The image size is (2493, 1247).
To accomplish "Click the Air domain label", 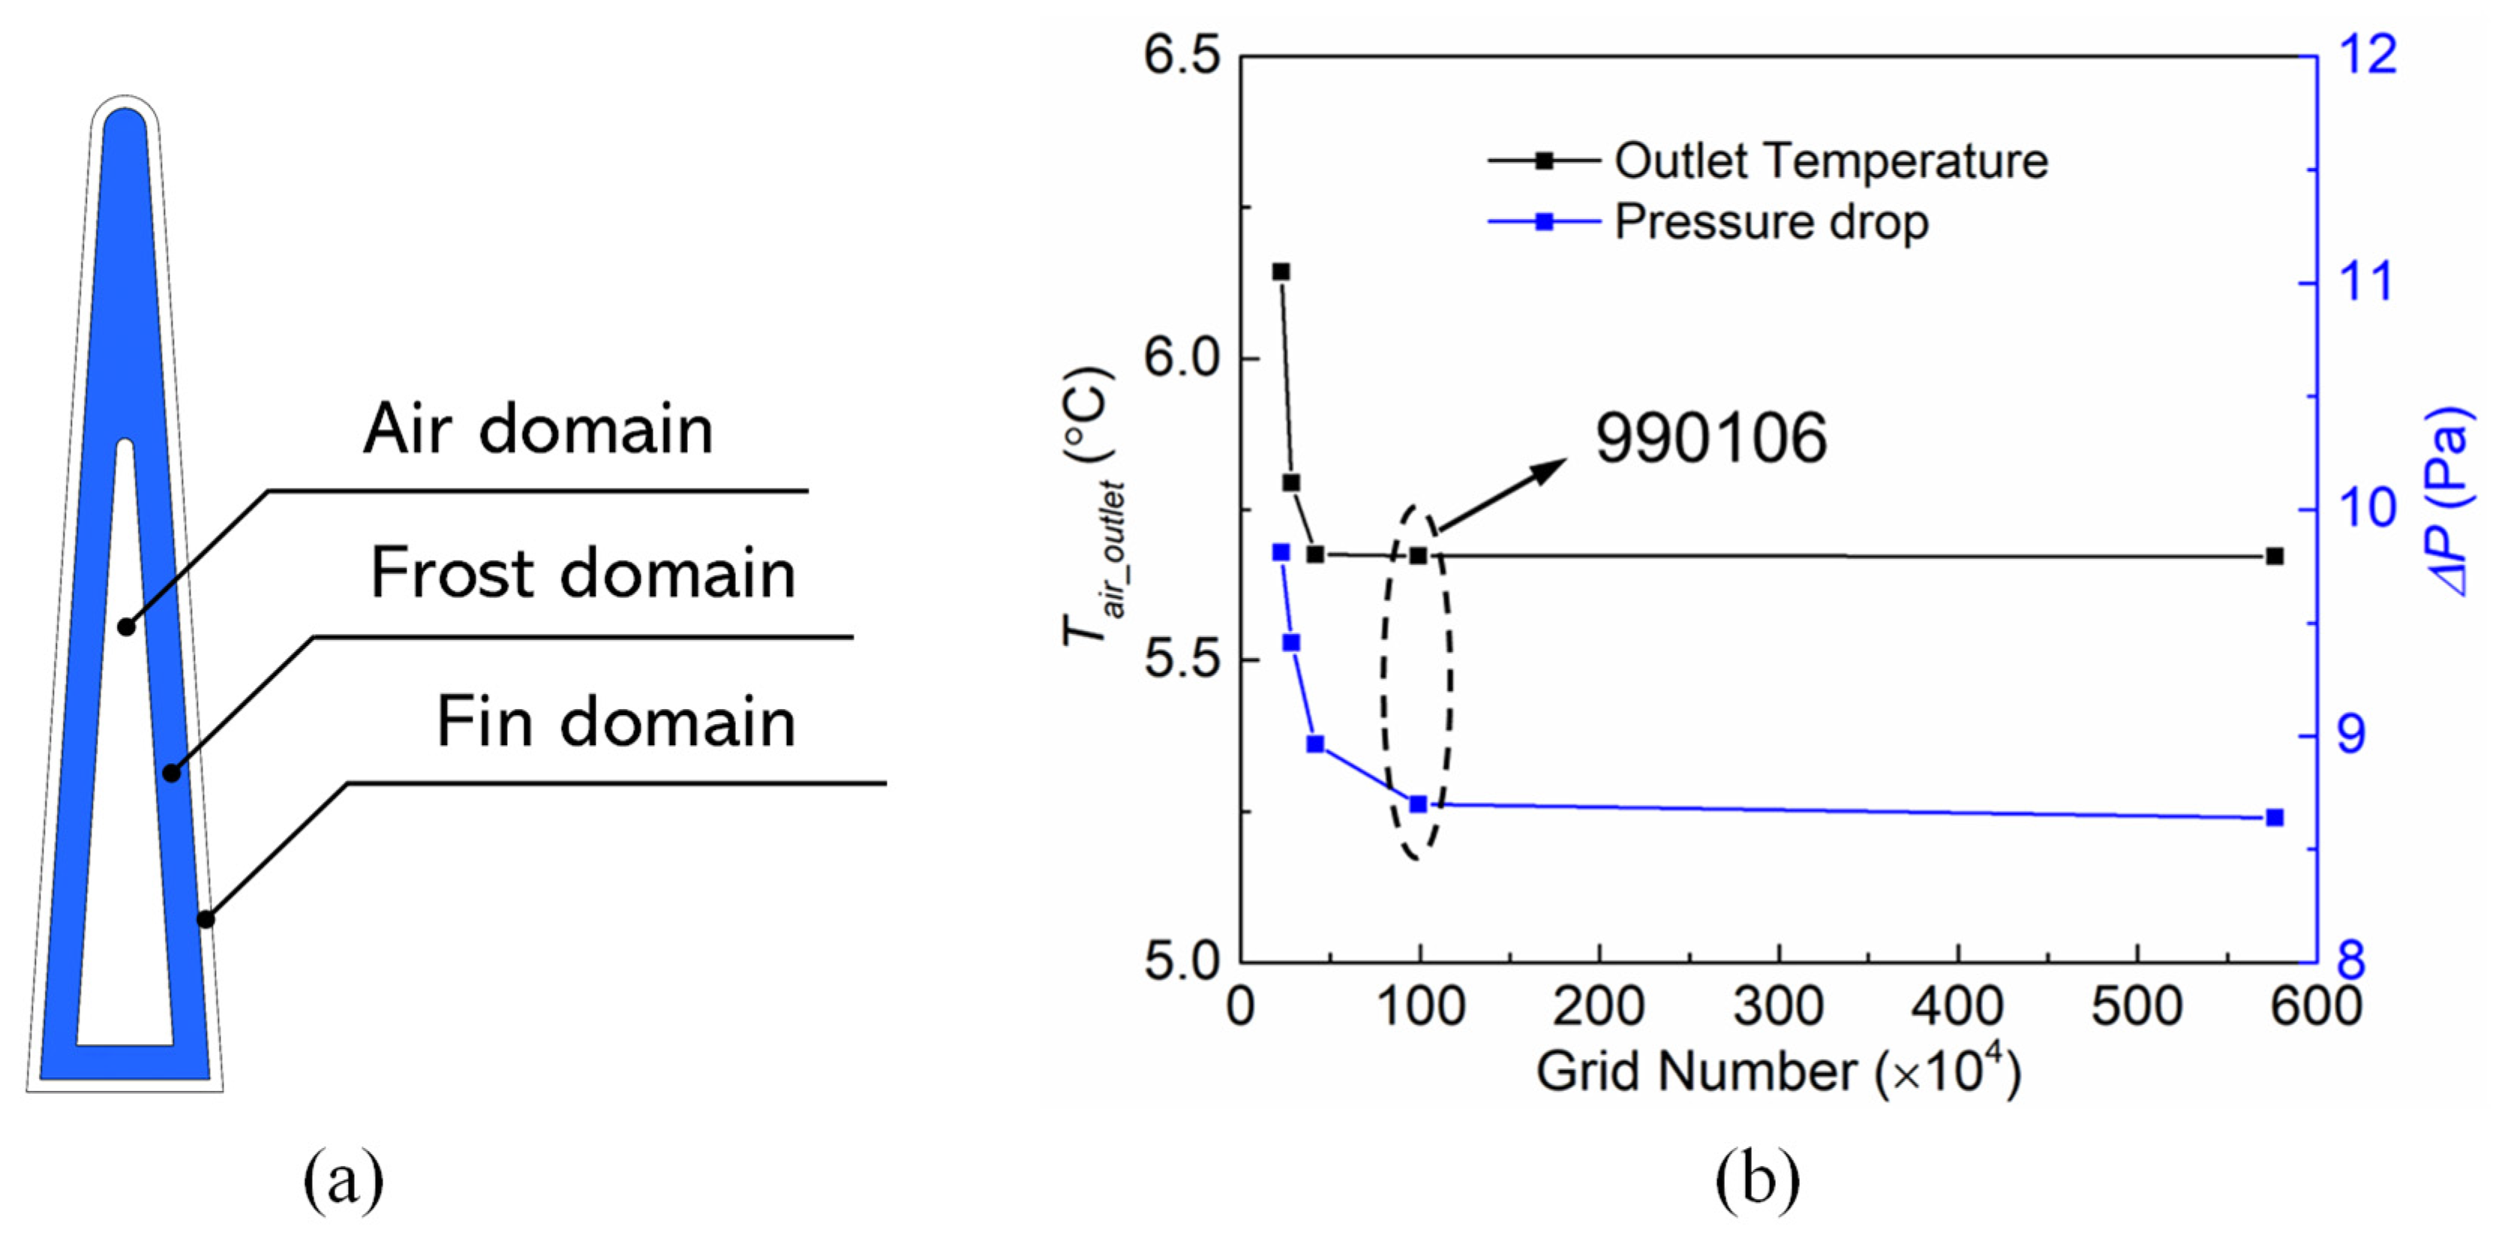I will (538, 429).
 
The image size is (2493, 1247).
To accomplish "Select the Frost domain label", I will (583, 573).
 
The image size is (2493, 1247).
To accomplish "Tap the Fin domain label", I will (615, 723).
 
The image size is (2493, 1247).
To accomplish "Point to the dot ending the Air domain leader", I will (126, 627).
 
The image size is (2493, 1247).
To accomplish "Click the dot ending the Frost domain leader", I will (171, 773).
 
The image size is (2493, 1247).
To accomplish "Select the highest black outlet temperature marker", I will (1281, 272).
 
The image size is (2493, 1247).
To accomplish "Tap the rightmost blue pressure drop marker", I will (2274, 818).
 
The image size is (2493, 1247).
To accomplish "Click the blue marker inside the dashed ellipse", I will (1418, 804).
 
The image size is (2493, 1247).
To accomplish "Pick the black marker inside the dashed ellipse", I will (1418, 556).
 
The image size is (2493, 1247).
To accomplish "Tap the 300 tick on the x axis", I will (1778, 1006).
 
